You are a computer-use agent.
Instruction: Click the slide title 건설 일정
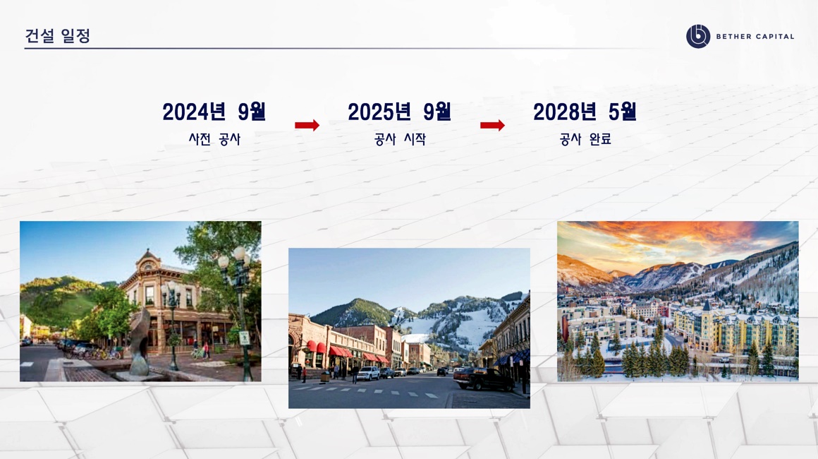[58, 35]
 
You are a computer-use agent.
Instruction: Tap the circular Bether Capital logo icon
[698, 37]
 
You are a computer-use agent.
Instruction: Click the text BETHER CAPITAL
[755, 37]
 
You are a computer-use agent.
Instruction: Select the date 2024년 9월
[214, 112]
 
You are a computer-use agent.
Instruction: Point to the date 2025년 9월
[399, 112]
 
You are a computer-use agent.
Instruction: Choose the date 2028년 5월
[585, 112]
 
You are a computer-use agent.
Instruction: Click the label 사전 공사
[214, 139]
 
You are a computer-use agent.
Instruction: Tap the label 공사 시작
[400, 139]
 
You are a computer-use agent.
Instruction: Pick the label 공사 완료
[585, 139]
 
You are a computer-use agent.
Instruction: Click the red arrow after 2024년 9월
[307, 125]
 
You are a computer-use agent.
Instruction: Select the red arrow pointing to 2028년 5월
[492, 125]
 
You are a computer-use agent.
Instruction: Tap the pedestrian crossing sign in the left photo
[244, 338]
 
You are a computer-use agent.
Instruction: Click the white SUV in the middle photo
[368, 373]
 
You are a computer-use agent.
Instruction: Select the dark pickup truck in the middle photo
[484, 378]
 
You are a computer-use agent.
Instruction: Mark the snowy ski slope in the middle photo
[470, 326]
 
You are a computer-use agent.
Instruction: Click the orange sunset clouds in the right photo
[678, 237]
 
